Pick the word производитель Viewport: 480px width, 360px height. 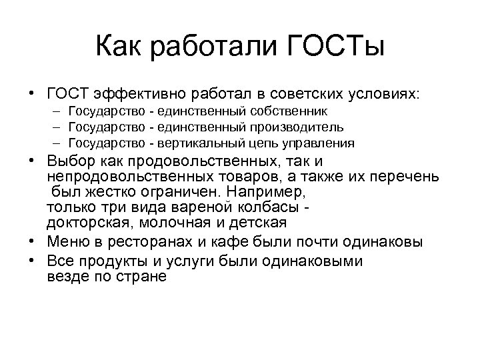pyautogui.click(x=302, y=127)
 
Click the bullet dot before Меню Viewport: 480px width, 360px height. pyautogui.click(x=33, y=241)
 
